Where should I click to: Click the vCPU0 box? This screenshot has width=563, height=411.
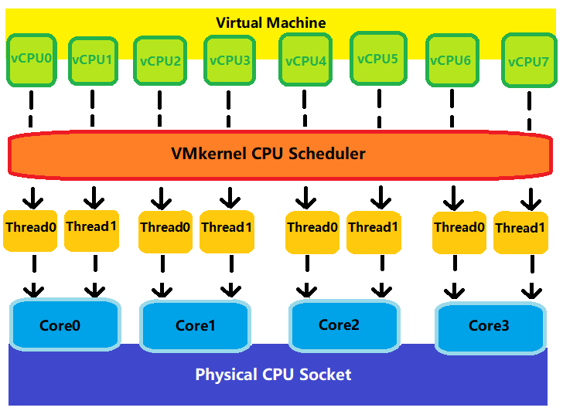pos(31,58)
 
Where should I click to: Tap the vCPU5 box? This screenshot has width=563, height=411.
pos(378,58)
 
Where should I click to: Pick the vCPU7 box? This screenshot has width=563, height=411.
pos(529,61)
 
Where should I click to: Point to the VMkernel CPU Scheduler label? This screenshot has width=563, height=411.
pos(268,153)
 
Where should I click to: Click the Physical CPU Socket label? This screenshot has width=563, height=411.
pos(273,375)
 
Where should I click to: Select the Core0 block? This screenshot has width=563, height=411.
pos(66,325)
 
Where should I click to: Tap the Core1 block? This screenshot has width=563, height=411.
pos(195,325)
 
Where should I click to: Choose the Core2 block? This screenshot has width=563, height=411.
pos(339,324)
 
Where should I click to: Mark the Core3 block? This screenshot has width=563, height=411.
pos(489,326)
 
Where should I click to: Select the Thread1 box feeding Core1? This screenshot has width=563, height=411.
pos(227,228)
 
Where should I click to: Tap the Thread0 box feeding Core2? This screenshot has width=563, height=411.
pos(312,228)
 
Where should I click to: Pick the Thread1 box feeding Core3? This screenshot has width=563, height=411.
pos(520,229)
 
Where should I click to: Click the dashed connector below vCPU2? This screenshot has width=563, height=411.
pos(161,109)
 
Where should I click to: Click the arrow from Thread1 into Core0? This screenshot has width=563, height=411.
pos(94,278)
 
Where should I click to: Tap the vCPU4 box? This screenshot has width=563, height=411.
pos(306,61)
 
